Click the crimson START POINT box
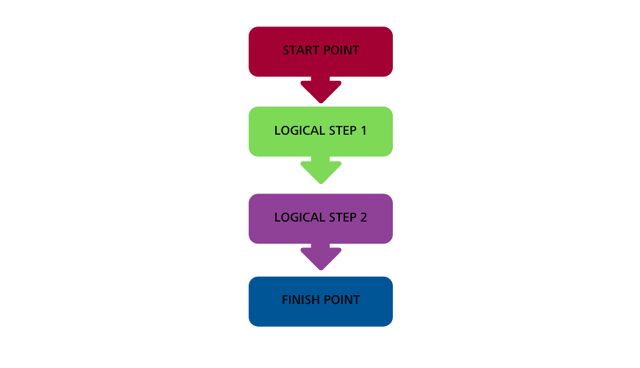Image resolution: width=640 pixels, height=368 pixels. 321,52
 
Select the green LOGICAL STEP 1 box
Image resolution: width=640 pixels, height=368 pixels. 321,132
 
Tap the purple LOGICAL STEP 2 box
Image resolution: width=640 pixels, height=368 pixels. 321,219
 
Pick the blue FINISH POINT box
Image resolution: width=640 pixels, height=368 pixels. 321,302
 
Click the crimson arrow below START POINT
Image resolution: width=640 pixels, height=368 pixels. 321,90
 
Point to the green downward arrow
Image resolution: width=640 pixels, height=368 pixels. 321,170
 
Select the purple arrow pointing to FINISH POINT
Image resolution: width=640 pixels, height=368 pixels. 321,257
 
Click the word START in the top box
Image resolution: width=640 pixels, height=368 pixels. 300,50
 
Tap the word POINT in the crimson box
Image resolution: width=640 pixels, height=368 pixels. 341,50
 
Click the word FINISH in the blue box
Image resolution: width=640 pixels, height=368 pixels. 299,300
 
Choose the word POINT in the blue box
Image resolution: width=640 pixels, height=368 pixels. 341,300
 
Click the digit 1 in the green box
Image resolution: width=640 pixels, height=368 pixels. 363,130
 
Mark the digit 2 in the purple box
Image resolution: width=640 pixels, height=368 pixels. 363,217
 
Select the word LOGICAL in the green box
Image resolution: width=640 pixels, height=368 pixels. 300,130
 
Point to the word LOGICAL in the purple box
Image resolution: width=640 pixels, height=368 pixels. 300,217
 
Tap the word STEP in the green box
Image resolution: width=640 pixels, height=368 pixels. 343,130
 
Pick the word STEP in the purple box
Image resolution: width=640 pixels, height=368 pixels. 343,217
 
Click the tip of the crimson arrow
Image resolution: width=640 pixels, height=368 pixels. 321,103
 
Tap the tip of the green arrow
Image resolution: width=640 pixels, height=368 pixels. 321,184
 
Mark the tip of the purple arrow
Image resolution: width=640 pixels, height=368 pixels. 321,270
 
